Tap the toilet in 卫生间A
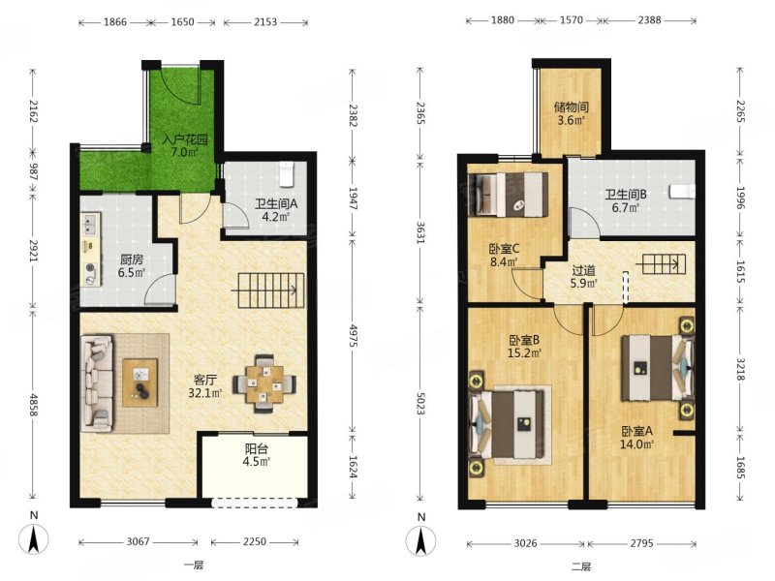[x=287, y=174]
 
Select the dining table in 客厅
[x=264, y=383]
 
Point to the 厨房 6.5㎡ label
[x=132, y=265]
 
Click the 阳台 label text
[x=257, y=449]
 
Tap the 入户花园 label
[x=185, y=139]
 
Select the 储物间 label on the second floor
[x=572, y=107]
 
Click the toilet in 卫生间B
[x=682, y=192]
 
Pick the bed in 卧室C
[x=508, y=195]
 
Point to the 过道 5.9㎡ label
[x=584, y=277]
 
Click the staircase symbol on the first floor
[x=268, y=291]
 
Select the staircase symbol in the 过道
[x=665, y=264]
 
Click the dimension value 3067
[x=138, y=542]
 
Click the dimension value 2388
[x=649, y=20]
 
